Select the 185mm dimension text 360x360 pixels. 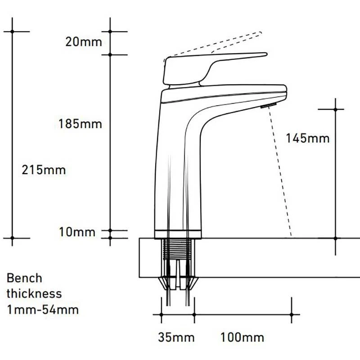pyautogui.click(x=80, y=123)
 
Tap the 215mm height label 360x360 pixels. pyautogui.click(x=43, y=170)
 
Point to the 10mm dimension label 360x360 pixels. pyautogui.click(x=78, y=233)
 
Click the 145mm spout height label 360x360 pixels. pyautogui.click(x=307, y=138)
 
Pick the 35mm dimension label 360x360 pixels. pyautogui.click(x=176, y=337)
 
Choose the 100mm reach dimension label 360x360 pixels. pyautogui.click(x=242, y=337)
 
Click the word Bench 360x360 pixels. pyautogui.click(x=24, y=278)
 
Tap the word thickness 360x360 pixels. pyautogui.click(x=34, y=293)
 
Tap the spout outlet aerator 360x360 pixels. pyautogui.click(x=268, y=105)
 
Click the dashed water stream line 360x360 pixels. pyautogui.click(x=280, y=171)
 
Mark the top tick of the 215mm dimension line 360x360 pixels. pyautogui.click(x=12, y=31)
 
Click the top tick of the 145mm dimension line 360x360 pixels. pyautogui.click(x=335, y=109)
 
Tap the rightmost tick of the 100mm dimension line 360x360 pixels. pyautogui.click(x=293, y=315)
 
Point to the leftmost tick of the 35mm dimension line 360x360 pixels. pyautogui.click(x=161, y=315)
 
